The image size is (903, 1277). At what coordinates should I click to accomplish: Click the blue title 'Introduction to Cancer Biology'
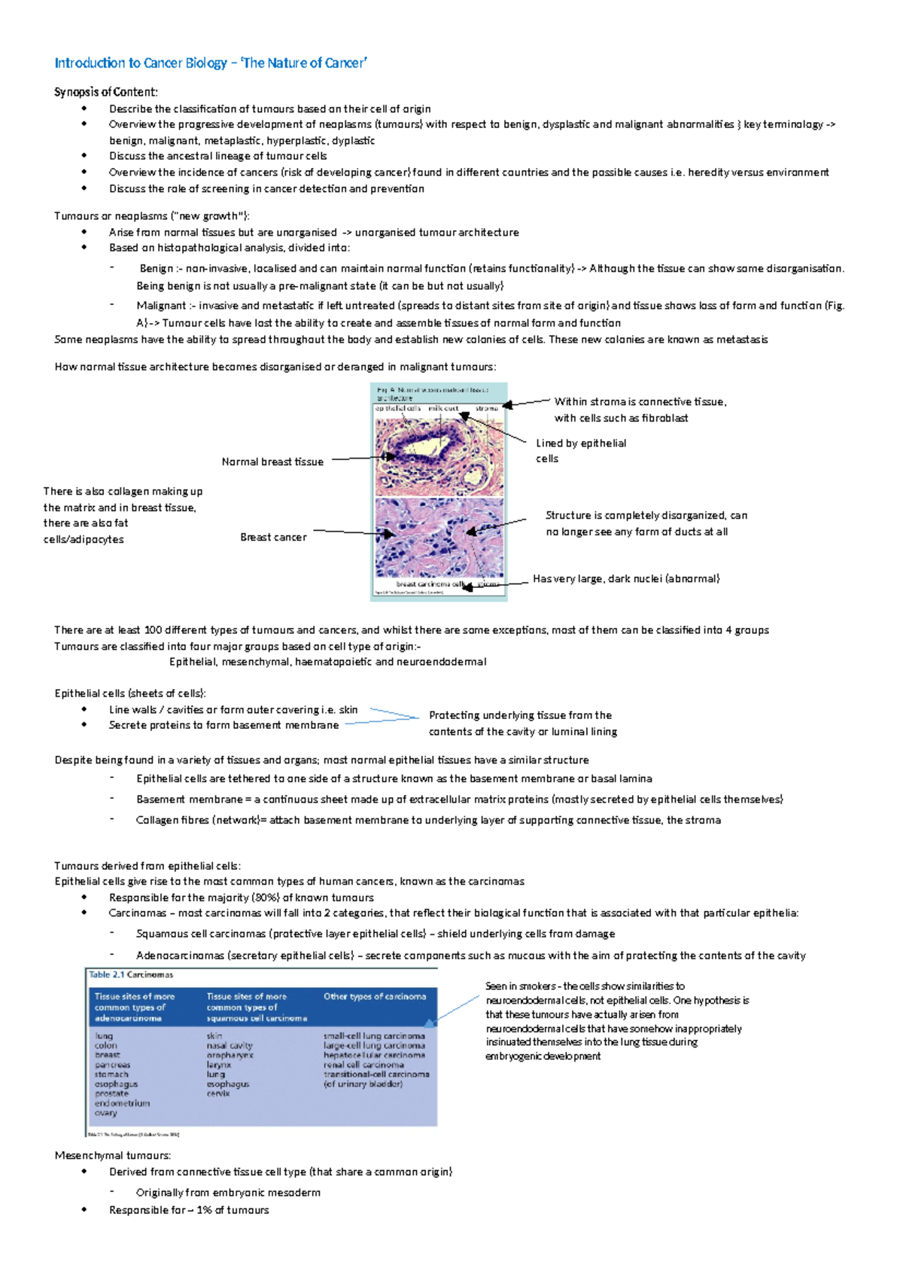click(x=140, y=63)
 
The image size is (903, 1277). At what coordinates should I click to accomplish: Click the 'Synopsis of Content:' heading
click(x=106, y=92)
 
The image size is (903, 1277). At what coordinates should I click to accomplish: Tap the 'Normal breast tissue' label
click(x=272, y=462)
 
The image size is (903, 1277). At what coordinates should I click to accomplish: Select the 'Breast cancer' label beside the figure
click(x=273, y=537)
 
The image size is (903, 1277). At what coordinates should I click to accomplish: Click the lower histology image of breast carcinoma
click(x=439, y=538)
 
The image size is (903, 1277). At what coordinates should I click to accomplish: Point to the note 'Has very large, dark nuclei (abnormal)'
click(x=626, y=578)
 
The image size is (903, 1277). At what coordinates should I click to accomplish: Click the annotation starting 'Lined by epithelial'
click(x=581, y=443)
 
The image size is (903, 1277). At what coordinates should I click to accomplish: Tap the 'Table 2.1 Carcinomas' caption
click(x=131, y=974)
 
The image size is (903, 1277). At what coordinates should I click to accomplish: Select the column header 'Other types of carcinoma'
click(x=375, y=996)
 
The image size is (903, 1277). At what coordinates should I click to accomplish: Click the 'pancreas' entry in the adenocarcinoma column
click(x=112, y=1065)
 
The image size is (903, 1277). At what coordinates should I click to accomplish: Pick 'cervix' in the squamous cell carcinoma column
click(x=218, y=1093)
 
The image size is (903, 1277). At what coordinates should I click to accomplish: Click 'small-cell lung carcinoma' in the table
click(x=374, y=1036)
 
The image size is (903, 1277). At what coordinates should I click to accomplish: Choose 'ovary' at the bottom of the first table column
click(x=105, y=1113)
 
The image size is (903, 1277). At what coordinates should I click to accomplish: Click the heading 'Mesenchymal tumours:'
click(x=113, y=1155)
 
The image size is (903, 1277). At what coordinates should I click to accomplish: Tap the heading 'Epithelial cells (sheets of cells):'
click(x=130, y=693)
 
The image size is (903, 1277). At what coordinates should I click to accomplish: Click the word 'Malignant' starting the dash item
click(x=161, y=306)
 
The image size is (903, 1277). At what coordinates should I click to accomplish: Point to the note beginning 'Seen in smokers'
click(x=585, y=986)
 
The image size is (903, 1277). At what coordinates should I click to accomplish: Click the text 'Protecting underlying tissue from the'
click(x=520, y=715)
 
